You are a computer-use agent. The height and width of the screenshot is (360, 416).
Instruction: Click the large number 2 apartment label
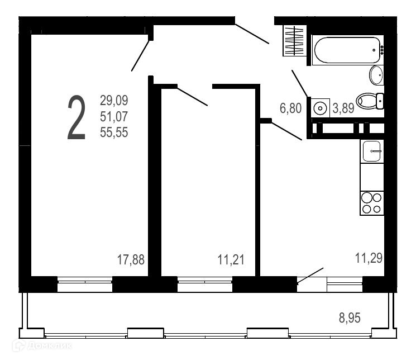click(x=76, y=117)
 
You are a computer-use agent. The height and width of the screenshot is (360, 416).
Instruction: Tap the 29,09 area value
click(x=114, y=101)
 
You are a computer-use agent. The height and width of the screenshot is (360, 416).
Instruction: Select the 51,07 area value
click(x=114, y=116)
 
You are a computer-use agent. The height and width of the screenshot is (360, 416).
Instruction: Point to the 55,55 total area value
click(x=114, y=132)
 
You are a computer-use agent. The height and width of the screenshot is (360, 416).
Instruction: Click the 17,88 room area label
click(x=131, y=259)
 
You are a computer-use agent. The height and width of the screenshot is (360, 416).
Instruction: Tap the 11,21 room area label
click(x=231, y=259)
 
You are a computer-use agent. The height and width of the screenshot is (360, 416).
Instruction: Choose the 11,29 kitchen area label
click(x=369, y=258)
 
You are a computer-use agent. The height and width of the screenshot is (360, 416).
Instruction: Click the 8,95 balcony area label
click(x=350, y=318)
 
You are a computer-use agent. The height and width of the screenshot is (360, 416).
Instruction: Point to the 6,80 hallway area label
click(x=290, y=108)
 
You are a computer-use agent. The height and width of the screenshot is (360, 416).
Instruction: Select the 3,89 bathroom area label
click(x=343, y=108)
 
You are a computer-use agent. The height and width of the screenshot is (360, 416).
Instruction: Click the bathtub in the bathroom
click(x=347, y=50)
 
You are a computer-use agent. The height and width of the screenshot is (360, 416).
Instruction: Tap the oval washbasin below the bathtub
click(x=376, y=75)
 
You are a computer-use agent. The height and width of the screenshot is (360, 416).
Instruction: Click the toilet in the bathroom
click(x=370, y=101)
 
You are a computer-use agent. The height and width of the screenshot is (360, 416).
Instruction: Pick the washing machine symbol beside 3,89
click(x=320, y=108)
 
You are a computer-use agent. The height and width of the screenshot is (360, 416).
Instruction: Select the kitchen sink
click(x=372, y=151)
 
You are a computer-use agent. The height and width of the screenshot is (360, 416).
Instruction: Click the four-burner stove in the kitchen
click(x=372, y=203)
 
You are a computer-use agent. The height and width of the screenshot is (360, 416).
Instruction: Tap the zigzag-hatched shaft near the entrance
click(x=294, y=41)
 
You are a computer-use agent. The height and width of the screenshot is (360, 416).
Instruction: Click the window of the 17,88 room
click(x=85, y=284)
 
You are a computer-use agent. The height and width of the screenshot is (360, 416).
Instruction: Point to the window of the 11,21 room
click(x=205, y=284)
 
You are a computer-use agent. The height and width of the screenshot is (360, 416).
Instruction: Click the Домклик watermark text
click(x=42, y=345)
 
